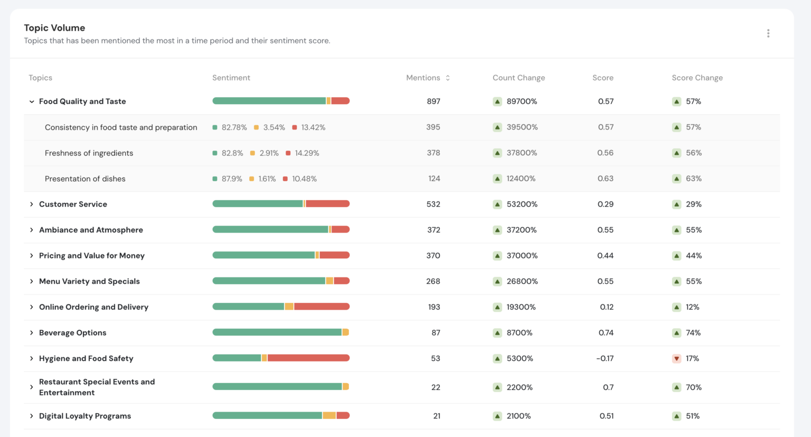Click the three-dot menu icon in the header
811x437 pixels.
coord(768,33)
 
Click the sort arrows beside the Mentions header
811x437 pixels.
coord(448,78)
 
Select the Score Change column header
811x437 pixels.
coord(697,78)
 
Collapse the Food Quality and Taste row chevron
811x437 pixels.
coord(32,101)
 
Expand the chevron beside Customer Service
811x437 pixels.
coord(32,204)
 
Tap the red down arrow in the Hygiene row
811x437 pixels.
coord(676,359)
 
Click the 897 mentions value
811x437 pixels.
coord(433,101)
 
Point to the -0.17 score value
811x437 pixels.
coord(605,359)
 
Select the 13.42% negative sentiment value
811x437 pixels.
coord(313,127)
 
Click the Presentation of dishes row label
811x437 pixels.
coord(85,179)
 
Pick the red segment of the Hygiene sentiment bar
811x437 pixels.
coord(308,358)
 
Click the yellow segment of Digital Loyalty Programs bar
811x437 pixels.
coord(329,416)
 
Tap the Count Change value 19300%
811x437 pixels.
coord(521,307)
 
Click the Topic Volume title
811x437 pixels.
coord(54,28)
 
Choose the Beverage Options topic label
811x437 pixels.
coord(72,333)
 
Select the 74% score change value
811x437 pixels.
coord(693,333)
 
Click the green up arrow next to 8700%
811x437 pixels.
coord(497,333)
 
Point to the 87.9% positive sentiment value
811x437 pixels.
coord(232,179)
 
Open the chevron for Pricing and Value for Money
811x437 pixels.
coord(32,256)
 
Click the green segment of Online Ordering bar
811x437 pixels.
coord(248,307)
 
